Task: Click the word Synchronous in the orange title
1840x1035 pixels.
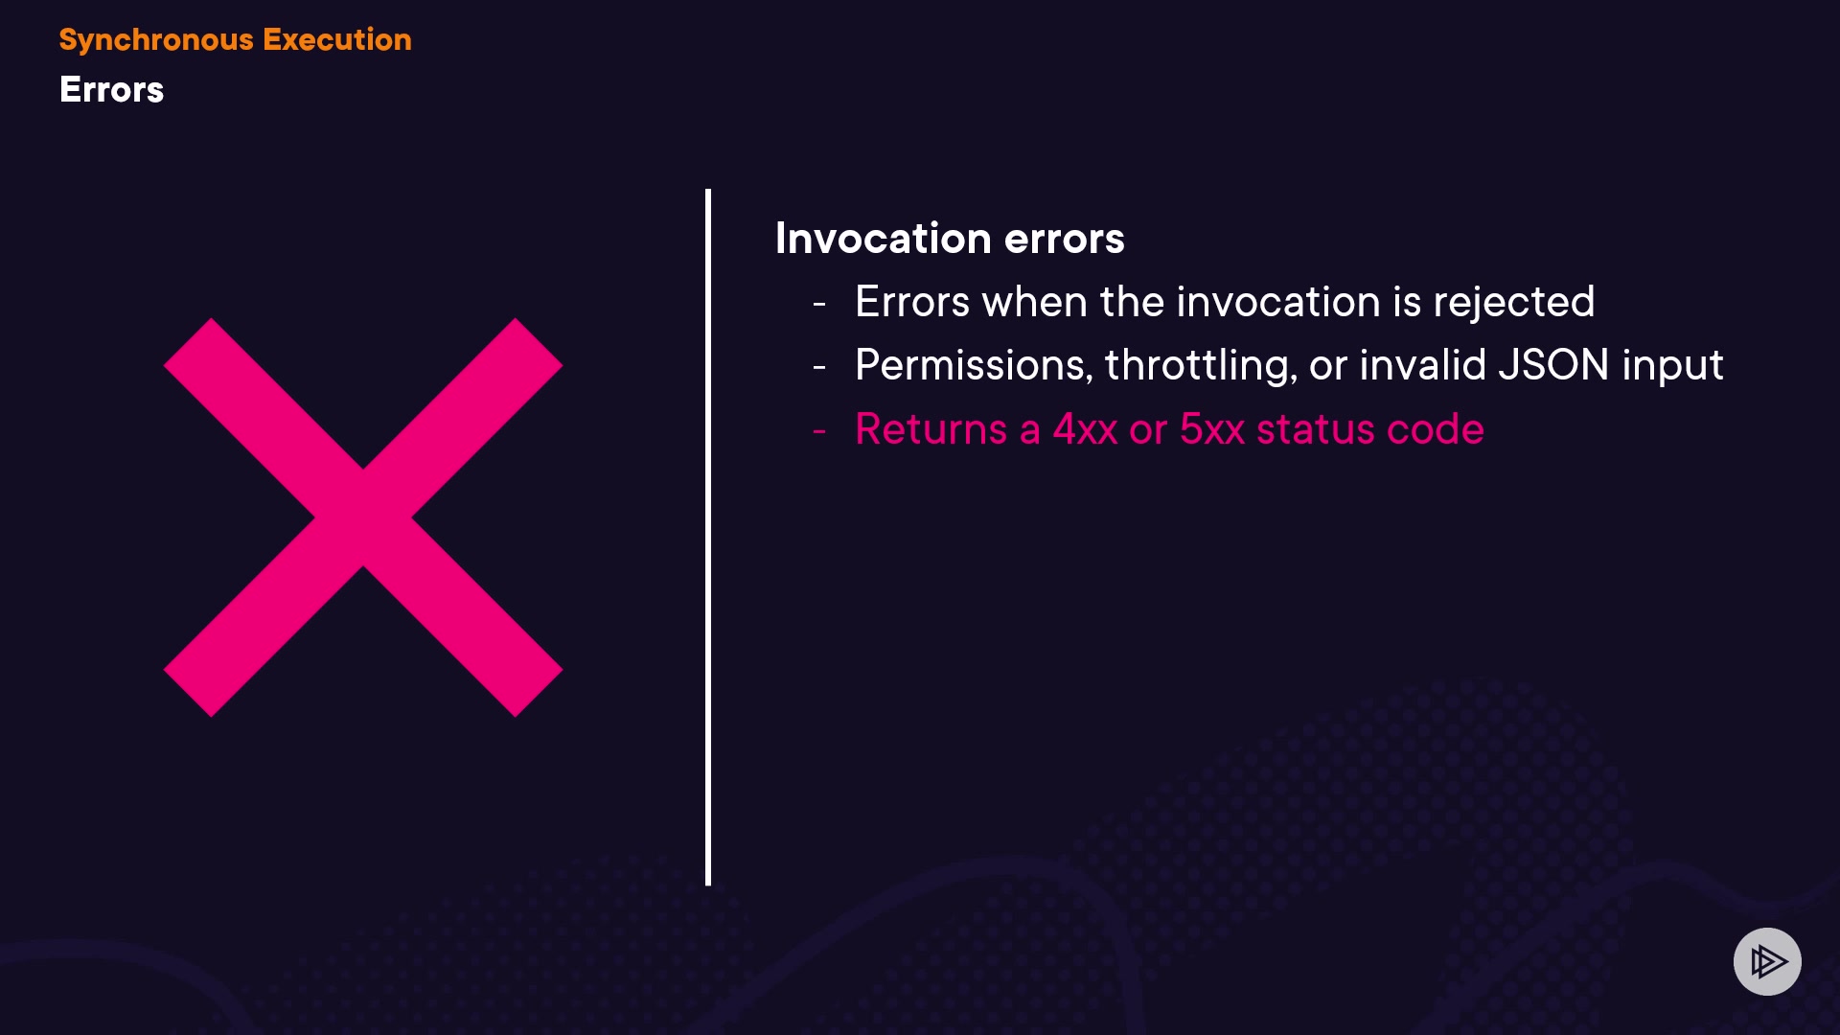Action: coord(156,40)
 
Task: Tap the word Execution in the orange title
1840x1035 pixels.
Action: coord(337,39)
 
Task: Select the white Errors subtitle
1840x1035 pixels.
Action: coord(111,90)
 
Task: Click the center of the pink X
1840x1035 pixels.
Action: coord(363,517)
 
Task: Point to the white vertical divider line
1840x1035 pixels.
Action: coord(708,537)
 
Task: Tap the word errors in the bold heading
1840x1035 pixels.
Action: coord(1064,240)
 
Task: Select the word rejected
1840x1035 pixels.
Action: coord(1514,304)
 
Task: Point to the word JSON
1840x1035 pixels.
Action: coord(1553,365)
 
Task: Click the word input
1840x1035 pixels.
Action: coord(1672,367)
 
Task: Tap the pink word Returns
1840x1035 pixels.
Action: coord(931,429)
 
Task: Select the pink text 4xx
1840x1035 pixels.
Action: coord(1085,429)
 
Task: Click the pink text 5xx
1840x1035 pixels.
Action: coord(1212,429)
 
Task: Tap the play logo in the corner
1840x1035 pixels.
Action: coord(1767,961)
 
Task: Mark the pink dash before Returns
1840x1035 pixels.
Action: coord(819,431)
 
